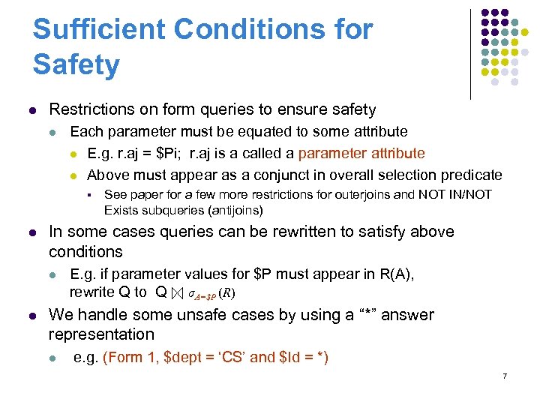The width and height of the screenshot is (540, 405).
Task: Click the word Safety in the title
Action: click(x=76, y=64)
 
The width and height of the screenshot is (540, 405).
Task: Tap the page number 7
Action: click(x=505, y=375)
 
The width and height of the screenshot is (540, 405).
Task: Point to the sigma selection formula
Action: click(x=211, y=293)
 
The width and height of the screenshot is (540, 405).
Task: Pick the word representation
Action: click(x=101, y=334)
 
